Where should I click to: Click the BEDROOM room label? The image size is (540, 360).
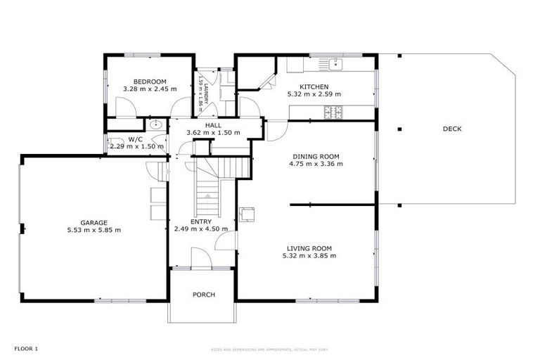(x=149, y=82)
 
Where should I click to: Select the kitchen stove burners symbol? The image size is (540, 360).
(x=332, y=111)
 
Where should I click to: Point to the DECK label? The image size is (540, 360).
(x=452, y=129)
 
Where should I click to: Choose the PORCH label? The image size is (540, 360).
(x=203, y=295)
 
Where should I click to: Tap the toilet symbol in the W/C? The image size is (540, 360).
(x=113, y=143)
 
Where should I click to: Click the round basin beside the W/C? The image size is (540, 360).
(x=155, y=126)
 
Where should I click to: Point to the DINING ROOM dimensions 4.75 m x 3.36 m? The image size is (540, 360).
(x=316, y=164)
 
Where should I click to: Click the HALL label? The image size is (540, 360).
(x=213, y=124)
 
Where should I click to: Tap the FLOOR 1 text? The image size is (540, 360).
(x=26, y=348)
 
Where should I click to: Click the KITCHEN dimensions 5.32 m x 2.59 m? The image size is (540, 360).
(x=314, y=94)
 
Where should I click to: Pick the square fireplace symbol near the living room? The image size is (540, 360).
(x=247, y=213)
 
